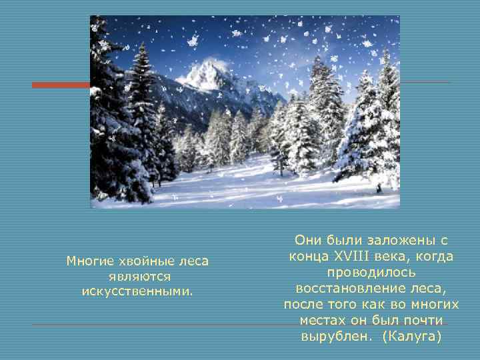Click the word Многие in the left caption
89,261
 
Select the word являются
137,276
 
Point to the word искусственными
137,291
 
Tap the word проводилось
371,273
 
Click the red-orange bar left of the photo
61,85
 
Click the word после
303,305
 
